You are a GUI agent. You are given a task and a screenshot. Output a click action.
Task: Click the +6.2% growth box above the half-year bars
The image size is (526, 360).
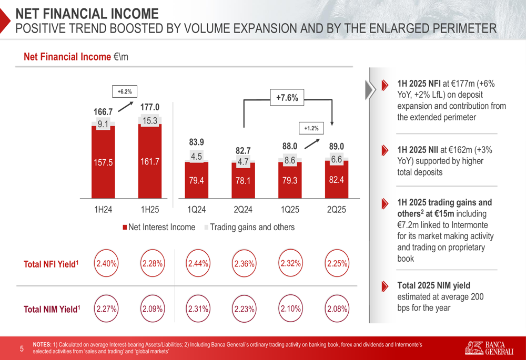coord(125,91)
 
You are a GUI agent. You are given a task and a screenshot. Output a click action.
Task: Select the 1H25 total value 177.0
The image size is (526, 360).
coord(150,108)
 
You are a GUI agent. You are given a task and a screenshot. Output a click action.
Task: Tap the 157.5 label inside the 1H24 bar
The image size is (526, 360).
coord(103,162)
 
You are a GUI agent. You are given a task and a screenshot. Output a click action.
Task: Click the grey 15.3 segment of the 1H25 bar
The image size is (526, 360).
coord(150,121)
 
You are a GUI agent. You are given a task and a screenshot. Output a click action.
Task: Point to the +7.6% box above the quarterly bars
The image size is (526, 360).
coord(287,97)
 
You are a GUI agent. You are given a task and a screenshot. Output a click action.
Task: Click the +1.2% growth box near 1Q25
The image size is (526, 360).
coord(311,128)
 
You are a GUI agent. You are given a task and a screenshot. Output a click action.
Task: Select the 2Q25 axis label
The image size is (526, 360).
coord(337,210)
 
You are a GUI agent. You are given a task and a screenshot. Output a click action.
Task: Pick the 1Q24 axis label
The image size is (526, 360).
coord(196,210)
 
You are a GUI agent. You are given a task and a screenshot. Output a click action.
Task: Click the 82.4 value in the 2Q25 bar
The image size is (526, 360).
coord(337,180)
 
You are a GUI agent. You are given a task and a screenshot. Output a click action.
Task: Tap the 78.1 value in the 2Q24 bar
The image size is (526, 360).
coord(243,181)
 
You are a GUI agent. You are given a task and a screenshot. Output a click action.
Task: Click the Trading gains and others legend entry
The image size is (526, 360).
coord(249,228)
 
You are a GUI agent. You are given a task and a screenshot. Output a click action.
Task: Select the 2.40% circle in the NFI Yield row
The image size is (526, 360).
coord(106,264)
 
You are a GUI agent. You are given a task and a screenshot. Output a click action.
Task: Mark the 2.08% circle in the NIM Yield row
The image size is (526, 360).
coord(337,309)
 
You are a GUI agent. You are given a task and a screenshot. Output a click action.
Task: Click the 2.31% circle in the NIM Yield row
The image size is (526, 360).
coord(198,309)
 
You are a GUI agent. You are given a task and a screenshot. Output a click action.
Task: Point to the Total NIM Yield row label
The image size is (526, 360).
coord(52,310)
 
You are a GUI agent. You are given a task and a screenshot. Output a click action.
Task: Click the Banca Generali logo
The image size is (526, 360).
coord(489,347)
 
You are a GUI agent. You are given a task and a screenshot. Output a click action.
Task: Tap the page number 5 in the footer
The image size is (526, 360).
coord(22,348)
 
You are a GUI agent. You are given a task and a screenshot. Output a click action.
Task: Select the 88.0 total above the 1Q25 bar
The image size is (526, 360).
coord(290,146)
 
